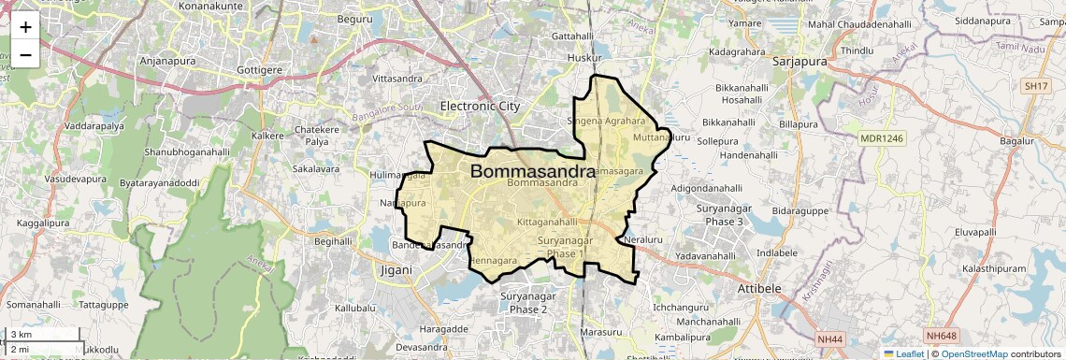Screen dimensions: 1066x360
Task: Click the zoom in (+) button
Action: click(25, 27)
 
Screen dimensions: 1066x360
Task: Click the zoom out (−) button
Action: click(25, 54)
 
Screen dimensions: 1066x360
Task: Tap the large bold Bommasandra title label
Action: click(532, 172)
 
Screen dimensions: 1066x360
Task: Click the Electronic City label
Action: click(480, 106)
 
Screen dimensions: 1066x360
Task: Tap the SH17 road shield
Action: click(1035, 86)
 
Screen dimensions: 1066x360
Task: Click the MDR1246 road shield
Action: click(882, 138)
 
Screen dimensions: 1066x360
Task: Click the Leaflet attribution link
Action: click(903, 353)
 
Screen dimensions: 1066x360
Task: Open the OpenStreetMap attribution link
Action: click(974, 353)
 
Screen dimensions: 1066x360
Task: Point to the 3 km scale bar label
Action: click(21, 335)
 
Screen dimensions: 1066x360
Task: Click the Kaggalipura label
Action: click(45, 224)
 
